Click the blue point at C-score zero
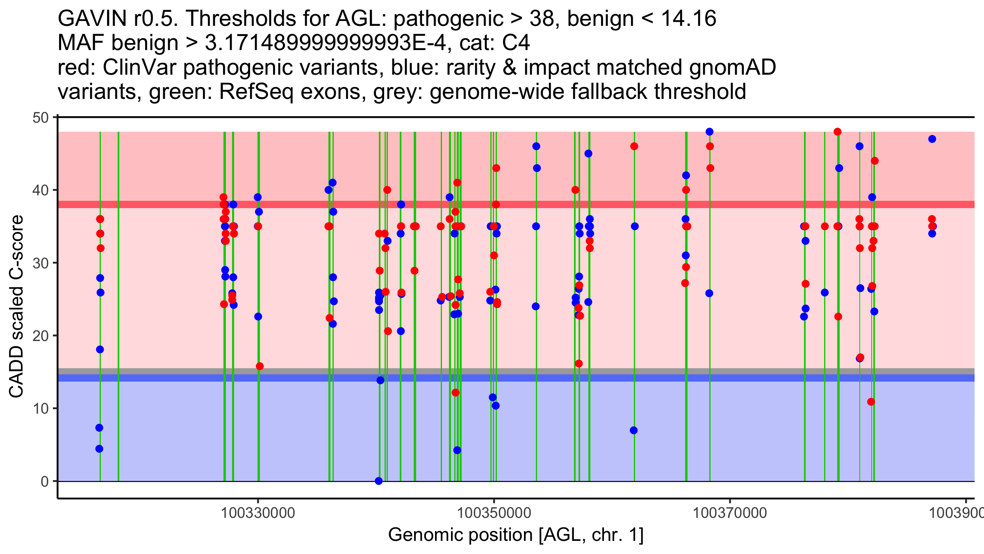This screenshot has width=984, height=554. [x=379, y=481]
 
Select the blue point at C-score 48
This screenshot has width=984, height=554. [x=709, y=132]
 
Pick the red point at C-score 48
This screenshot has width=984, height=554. [x=838, y=132]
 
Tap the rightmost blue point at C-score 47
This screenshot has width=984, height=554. [x=932, y=139]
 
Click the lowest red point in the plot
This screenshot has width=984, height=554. [x=871, y=402]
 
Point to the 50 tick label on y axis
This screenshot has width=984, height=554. [x=41, y=118]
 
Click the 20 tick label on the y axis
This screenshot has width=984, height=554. [x=41, y=336]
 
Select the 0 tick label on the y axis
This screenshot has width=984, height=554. [x=45, y=481]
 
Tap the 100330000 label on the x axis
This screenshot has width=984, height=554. [x=258, y=513]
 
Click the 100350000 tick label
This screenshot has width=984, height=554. [x=494, y=513]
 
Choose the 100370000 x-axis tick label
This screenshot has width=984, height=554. [x=730, y=513]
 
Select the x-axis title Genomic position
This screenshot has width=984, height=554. [x=516, y=535]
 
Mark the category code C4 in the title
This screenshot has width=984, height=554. [x=516, y=43]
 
